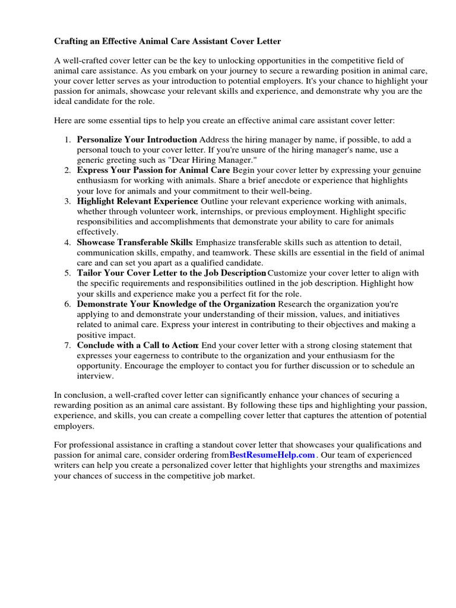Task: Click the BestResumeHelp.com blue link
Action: click(272, 455)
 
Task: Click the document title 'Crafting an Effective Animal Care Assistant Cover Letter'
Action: click(167, 42)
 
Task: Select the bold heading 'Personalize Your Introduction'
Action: click(137, 140)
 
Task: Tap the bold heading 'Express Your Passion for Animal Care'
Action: click(149, 170)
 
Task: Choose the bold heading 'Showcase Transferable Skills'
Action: click(135, 242)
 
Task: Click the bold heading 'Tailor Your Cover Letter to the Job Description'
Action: click(171, 273)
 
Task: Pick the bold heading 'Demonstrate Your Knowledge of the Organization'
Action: click(176, 304)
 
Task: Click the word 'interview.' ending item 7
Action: click(95, 376)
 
